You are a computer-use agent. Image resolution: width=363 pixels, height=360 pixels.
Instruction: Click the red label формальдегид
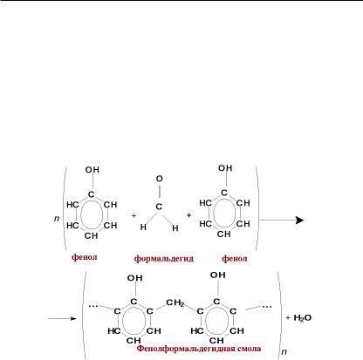[164, 258]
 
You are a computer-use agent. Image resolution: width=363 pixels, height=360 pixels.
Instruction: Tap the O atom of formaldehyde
[159, 179]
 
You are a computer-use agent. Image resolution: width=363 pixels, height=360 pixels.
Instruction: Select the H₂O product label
[303, 318]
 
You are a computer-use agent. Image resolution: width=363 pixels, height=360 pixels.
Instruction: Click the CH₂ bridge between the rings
[175, 302]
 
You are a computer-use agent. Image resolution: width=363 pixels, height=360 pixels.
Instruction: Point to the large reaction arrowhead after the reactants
[299, 220]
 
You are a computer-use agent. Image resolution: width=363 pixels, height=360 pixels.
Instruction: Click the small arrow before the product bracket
[62, 318]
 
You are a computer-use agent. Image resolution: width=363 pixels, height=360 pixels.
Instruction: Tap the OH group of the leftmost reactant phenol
[92, 170]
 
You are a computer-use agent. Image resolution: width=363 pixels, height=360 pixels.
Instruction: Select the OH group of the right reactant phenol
[225, 168]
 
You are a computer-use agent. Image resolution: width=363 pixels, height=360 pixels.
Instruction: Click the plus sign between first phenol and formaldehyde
[134, 215]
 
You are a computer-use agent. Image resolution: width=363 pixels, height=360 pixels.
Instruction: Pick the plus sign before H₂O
[288, 317]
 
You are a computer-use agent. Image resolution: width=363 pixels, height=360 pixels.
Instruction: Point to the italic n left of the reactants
[57, 218]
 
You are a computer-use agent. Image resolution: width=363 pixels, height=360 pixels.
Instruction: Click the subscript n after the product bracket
[284, 352]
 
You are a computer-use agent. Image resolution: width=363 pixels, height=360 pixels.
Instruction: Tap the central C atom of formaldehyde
[159, 207]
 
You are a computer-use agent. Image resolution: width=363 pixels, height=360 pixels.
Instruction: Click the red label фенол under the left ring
[85, 257]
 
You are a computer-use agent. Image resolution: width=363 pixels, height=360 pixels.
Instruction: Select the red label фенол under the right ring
[235, 258]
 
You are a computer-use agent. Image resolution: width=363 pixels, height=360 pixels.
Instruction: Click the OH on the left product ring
[134, 278]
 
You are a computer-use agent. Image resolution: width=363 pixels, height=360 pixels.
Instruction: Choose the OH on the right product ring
[218, 275]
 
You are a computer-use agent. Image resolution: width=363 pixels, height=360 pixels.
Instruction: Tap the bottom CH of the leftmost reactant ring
[91, 235]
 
